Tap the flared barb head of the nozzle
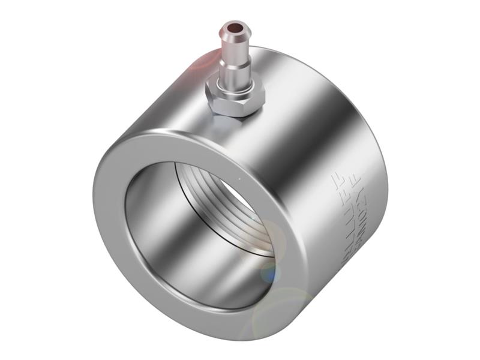233,35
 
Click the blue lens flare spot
270,273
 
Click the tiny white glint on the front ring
239,178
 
